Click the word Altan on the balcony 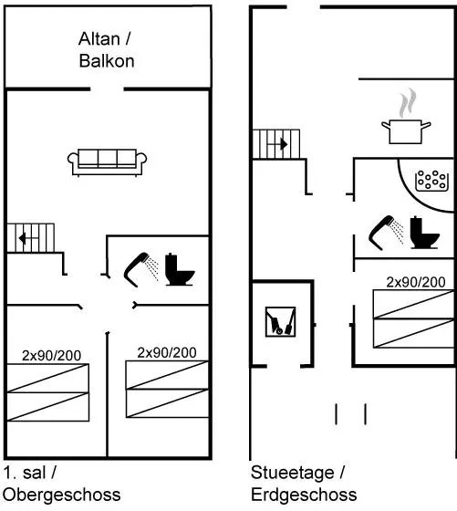pos(99,38)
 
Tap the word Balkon pos(107,61)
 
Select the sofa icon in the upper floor pos(107,162)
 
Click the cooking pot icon pos(406,131)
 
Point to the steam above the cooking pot pos(408,103)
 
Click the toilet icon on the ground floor pos(423,233)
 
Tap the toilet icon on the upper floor pos(179,269)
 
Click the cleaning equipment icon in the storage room pos(280,322)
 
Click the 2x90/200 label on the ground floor pos(416,282)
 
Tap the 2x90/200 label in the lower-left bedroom pos(51,356)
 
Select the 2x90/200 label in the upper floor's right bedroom pos(167,352)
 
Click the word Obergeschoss pos(62,495)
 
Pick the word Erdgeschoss pos(304,495)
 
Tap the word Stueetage pos(293,473)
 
